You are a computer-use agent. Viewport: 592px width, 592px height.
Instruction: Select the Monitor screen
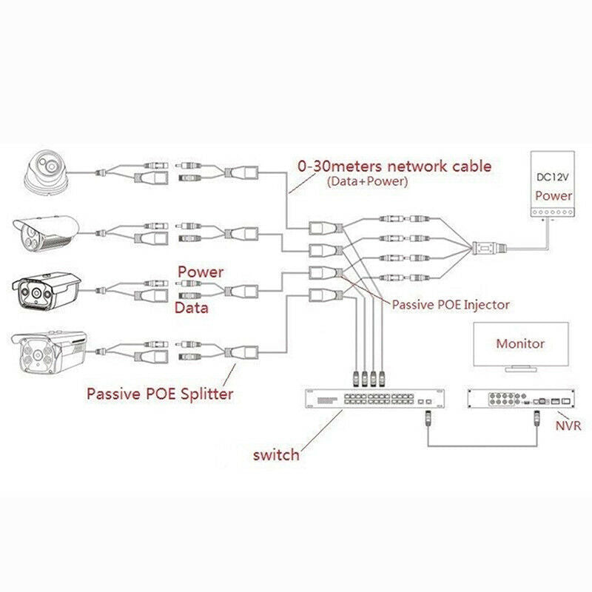point(520,343)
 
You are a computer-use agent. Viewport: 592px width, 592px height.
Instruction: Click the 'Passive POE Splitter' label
point(159,394)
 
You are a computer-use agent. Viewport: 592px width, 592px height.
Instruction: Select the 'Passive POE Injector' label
point(451,304)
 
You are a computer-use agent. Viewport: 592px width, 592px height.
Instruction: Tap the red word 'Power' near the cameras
point(200,272)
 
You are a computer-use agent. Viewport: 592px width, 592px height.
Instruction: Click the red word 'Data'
point(191,307)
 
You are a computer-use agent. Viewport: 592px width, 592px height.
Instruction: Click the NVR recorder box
point(521,400)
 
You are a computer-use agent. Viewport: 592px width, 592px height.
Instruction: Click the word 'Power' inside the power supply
point(553,197)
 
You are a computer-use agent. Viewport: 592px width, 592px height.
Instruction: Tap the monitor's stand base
point(520,368)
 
